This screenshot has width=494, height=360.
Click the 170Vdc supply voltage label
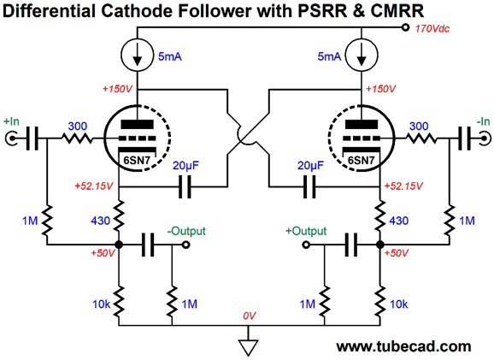point(432,29)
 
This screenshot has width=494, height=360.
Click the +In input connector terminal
point(12,139)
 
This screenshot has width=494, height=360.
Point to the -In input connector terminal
point(485,139)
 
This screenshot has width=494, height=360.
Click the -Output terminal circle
point(185,245)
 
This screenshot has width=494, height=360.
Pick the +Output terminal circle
point(306,245)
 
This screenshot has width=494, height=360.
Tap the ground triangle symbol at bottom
point(248,347)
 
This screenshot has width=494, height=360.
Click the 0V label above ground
point(250,316)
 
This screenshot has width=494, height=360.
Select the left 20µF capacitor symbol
point(185,187)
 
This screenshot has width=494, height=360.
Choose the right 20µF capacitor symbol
point(309,187)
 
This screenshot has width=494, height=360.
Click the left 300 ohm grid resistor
point(77,139)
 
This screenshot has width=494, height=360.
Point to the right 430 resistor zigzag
point(380,216)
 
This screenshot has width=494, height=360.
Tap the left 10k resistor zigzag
point(119,302)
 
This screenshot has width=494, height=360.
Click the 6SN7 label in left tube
point(137,161)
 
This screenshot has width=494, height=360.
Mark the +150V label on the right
point(380,89)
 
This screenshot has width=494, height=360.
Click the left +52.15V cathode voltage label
point(93,186)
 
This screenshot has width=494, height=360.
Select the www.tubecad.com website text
point(403,346)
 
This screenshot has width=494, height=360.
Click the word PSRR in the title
point(323,10)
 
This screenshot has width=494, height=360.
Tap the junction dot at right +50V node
point(380,245)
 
